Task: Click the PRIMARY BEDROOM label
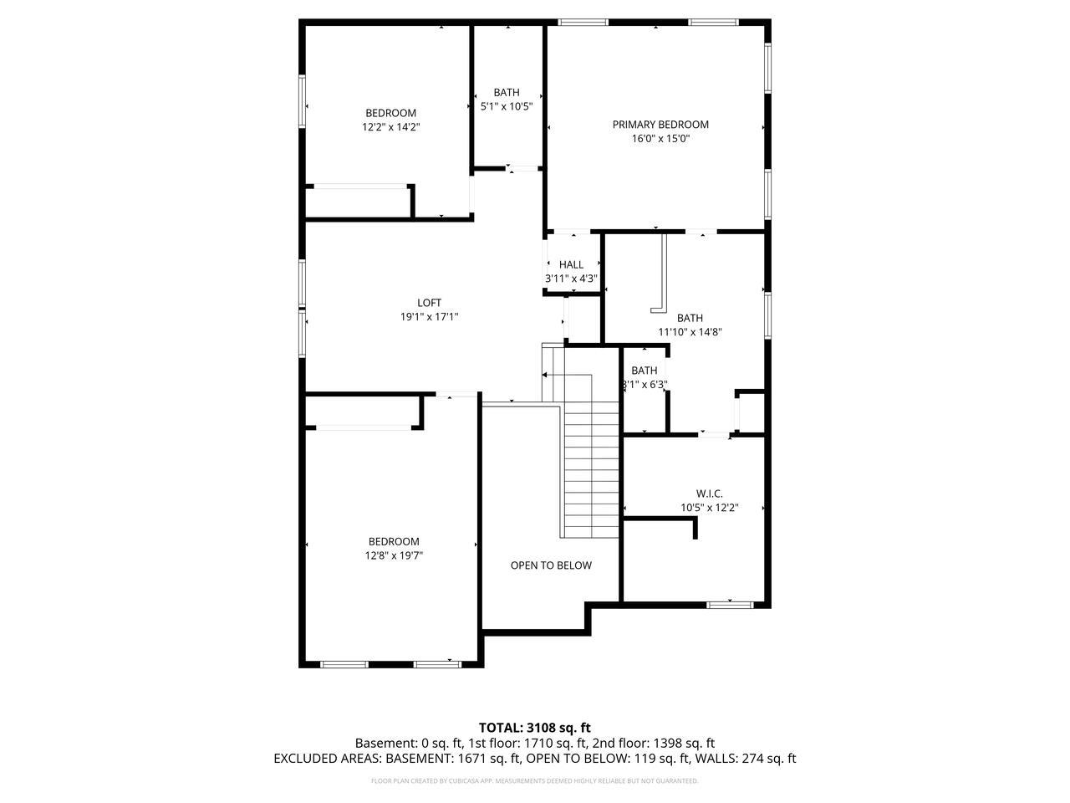660,125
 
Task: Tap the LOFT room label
429,303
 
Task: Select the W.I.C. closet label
709,494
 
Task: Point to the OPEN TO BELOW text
551,565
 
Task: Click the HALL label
572,264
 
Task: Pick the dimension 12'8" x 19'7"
394,555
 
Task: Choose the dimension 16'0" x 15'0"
660,139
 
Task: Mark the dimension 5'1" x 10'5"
507,106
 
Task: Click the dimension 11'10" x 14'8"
690,332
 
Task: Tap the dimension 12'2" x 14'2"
390,127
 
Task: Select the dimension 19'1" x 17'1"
429,317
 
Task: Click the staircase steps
591,468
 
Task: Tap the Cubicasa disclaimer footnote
535,781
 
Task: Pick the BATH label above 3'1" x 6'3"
644,371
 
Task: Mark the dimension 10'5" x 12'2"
709,508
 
